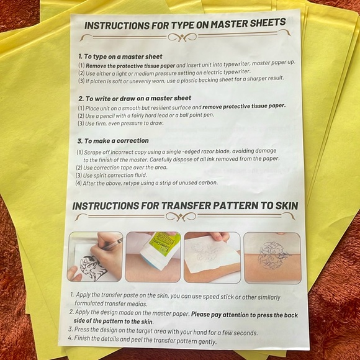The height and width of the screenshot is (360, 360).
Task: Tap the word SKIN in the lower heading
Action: click(279, 206)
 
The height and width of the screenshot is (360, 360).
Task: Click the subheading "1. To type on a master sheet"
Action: click(120, 56)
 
